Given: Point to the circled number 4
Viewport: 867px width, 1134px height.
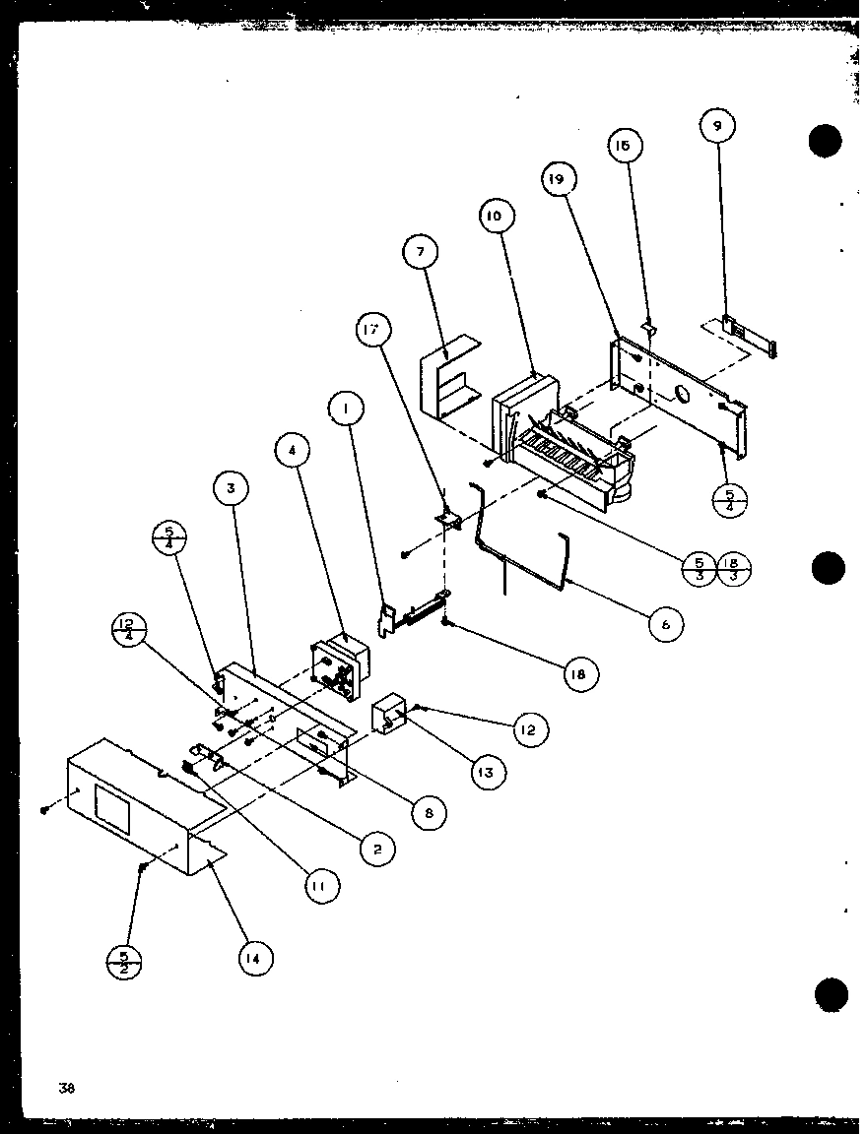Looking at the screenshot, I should (x=293, y=452).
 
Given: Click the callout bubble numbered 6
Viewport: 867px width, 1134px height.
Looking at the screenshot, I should (x=667, y=624).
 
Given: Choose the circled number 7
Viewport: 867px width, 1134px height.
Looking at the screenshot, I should (x=421, y=253).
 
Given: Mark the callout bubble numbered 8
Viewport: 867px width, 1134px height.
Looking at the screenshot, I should (x=429, y=813).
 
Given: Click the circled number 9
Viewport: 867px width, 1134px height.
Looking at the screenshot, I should (x=717, y=127).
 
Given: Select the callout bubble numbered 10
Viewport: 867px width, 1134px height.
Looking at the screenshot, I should (x=495, y=216).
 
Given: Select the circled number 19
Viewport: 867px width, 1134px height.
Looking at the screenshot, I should (x=558, y=180).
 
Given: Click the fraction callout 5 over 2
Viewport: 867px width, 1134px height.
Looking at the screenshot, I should (x=124, y=961).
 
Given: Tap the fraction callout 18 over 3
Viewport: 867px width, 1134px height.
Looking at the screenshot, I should (x=734, y=568).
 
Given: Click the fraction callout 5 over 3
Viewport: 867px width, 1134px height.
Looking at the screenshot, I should (x=699, y=568).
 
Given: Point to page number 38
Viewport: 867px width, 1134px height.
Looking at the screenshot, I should (x=66, y=1088).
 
